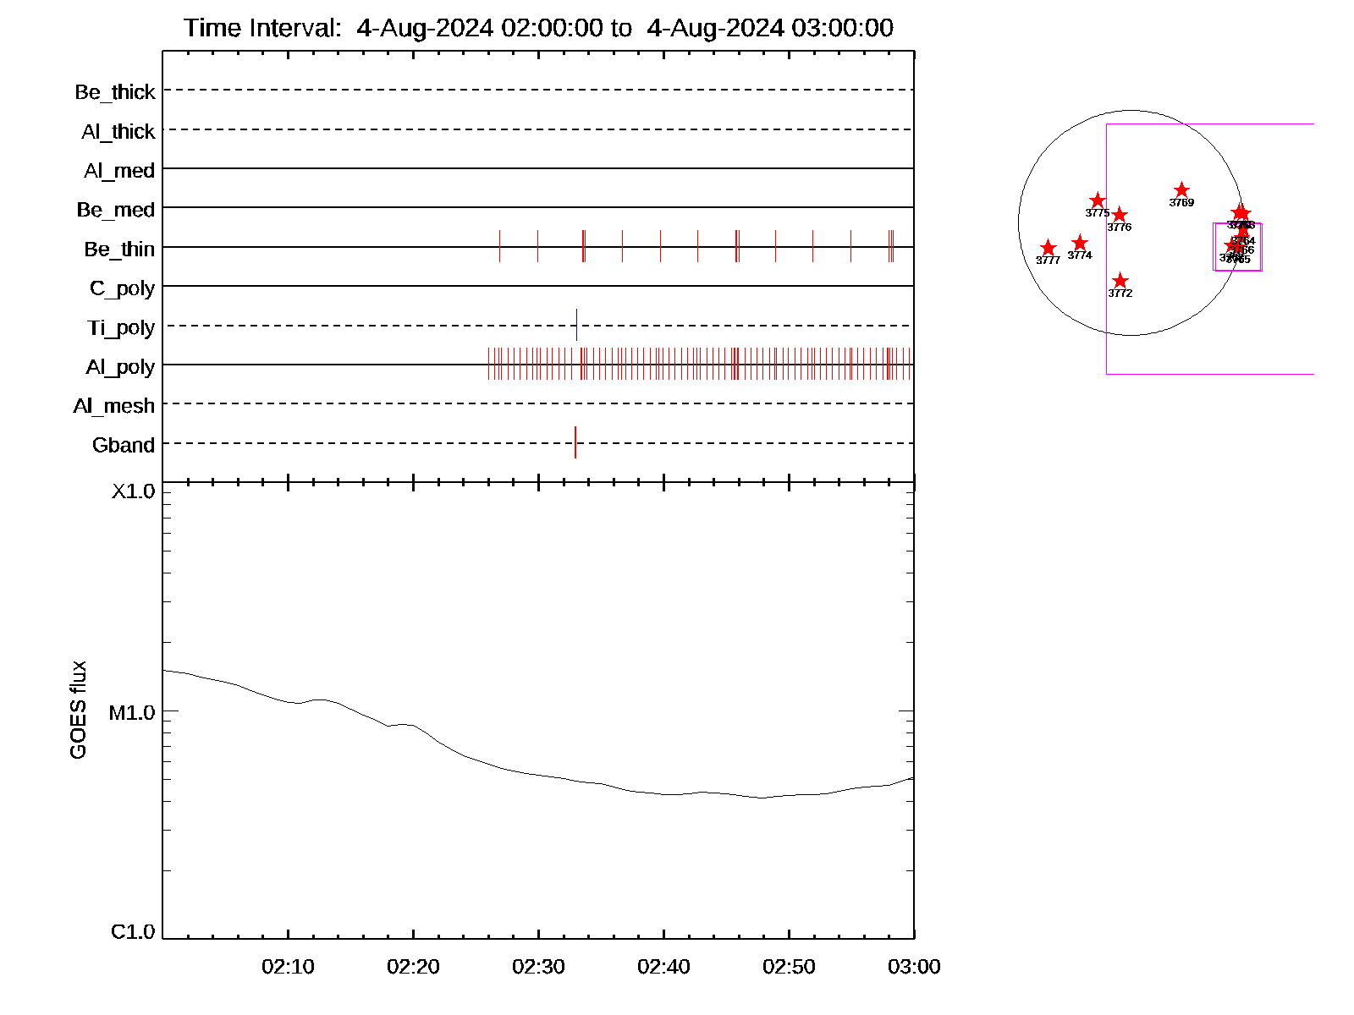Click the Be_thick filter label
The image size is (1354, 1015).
(115, 91)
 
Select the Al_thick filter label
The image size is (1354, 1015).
(118, 131)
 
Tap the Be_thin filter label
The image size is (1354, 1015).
(119, 249)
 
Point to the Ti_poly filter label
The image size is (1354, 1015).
(121, 327)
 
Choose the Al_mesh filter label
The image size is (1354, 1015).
(114, 406)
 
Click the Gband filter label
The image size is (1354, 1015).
(124, 445)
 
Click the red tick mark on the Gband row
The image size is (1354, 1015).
(575, 442)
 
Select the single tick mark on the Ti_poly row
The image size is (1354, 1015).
(576, 325)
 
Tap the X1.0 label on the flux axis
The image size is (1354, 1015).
(134, 491)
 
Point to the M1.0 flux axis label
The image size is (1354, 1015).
(132, 713)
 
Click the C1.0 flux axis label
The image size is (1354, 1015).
(133, 932)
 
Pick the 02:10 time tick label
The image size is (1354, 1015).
(288, 967)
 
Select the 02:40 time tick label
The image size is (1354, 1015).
(663, 967)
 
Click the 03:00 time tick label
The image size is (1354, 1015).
(914, 967)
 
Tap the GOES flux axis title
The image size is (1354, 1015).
(78, 710)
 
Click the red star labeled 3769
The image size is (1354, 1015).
(1181, 190)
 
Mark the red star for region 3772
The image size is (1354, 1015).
(1120, 281)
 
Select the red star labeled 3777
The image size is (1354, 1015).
(1048, 248)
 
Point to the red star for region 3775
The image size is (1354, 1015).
(1098, 200)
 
